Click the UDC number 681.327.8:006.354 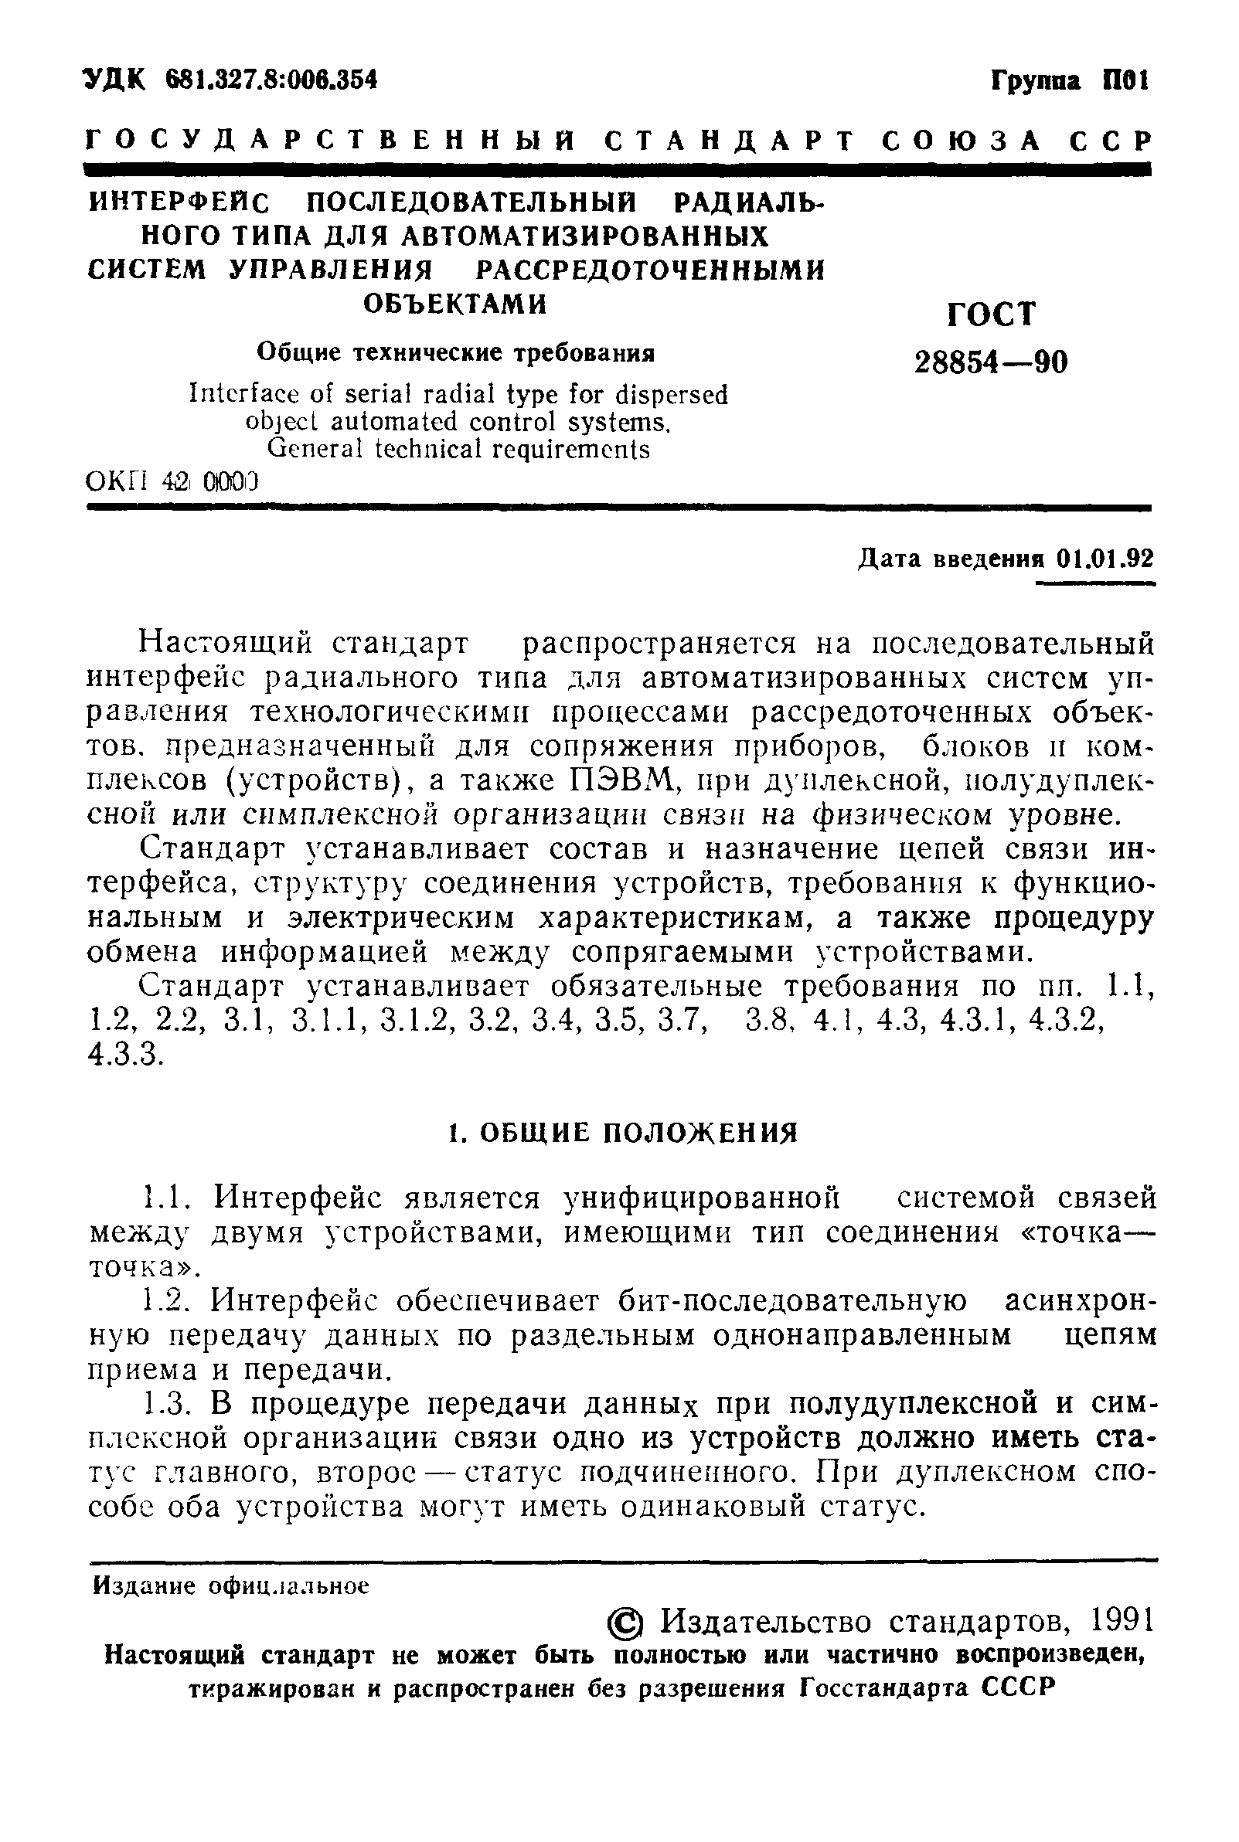click(x=273, y=80)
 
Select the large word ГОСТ click(x=990, y=314)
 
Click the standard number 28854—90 click(x=990, y=363)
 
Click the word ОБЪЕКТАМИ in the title click(x=455, y=304)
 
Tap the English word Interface click(x=241, y=394)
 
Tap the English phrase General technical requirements click(x=458, y=450)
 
